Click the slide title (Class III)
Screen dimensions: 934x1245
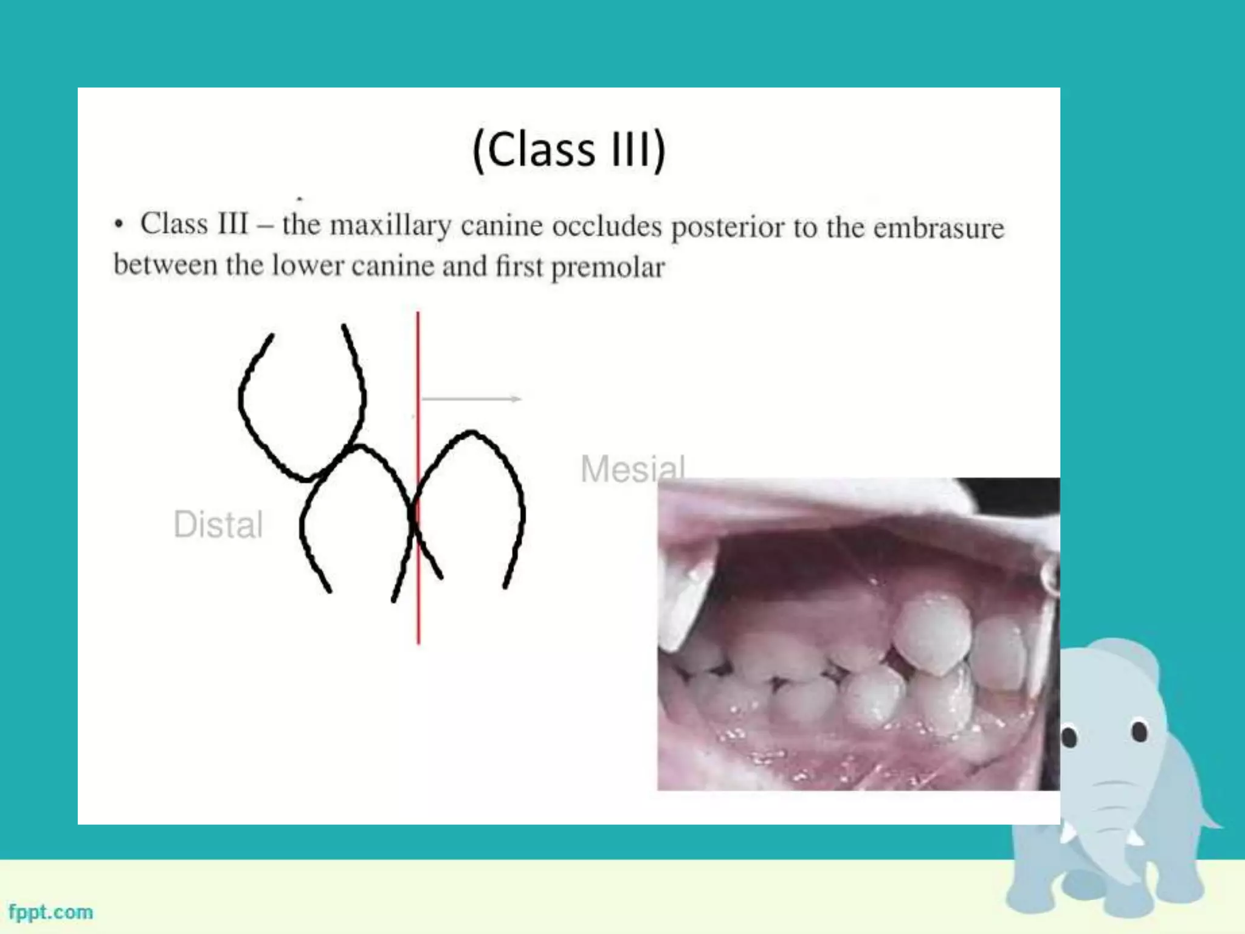click(569, 150)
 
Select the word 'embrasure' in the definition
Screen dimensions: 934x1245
click(939, 227)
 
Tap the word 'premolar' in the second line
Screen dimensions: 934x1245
click(608, 267)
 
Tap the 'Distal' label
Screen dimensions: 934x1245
click(218, 524)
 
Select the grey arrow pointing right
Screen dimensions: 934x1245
click(471, 399)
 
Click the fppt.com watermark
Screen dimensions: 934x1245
click(51, 912)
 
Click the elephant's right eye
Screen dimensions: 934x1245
click(1139, 730)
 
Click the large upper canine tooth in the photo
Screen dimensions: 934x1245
click(933, 632)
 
